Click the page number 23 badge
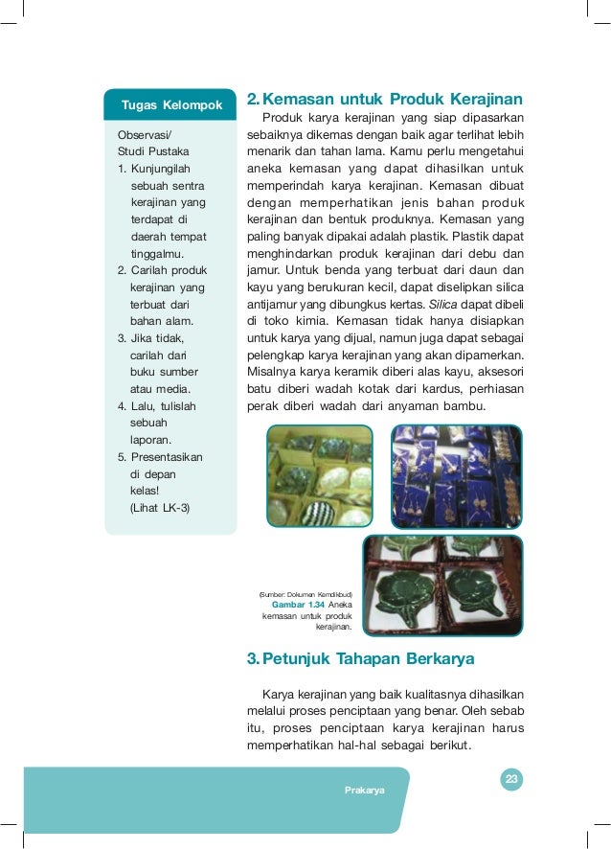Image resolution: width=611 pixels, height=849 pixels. tap(511, 779)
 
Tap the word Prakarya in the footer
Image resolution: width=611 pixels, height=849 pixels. tap(365, 790)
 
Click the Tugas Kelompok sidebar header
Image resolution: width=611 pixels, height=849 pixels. tap(171, 103)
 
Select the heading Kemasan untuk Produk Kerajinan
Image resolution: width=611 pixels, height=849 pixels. tap(393, 99)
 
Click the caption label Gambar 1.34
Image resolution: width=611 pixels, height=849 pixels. tap(298, 605)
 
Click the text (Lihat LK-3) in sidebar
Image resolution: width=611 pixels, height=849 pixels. tap(159, 508)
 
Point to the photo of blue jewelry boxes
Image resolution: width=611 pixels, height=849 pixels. tap(457, 475)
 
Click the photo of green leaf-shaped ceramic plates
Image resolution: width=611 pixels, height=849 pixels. tap(442, 585)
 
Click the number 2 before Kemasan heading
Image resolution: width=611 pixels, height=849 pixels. tap(252, 99)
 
